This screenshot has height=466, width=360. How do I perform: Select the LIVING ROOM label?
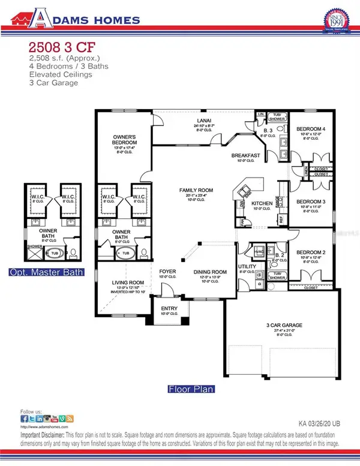[x=128, y=282]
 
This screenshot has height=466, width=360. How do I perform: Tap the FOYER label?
[x=167, y=271]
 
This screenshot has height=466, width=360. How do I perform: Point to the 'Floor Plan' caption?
[x=191, y=388]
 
